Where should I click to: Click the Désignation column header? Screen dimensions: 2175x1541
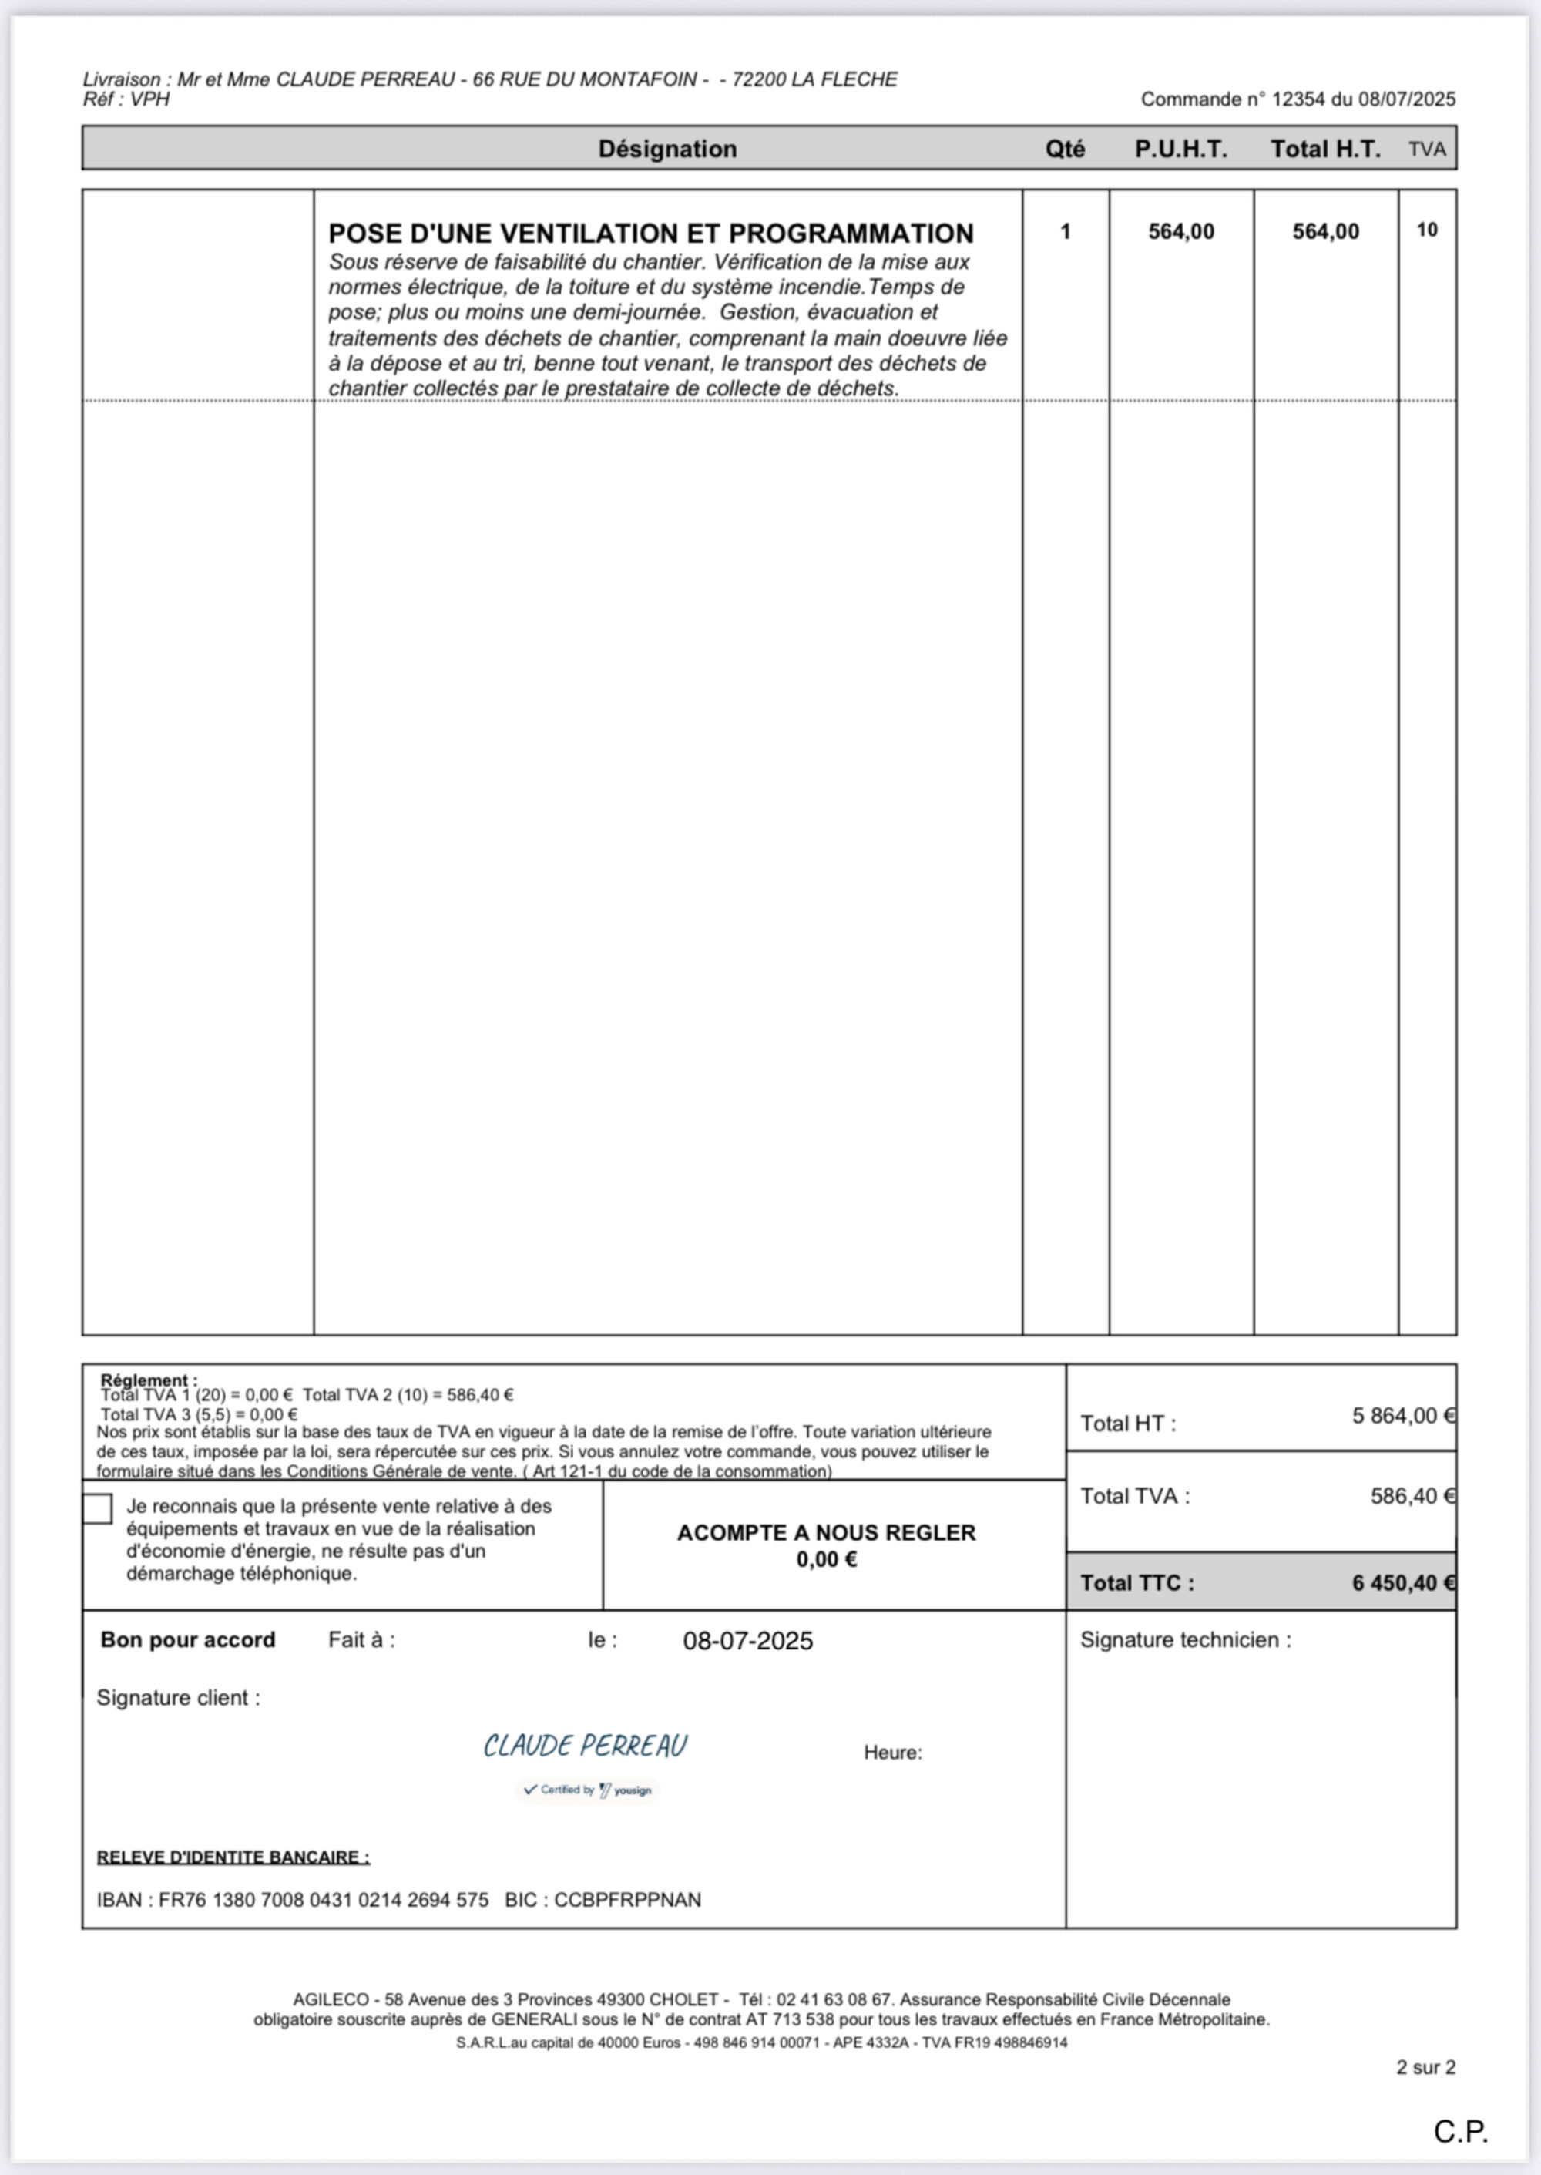[x=667, y=149]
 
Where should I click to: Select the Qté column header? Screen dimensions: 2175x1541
[x=1065, y=149]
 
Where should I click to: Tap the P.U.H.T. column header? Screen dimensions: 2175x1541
[x=1180, y=149]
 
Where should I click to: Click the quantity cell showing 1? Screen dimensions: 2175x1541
[x=1066, y=231]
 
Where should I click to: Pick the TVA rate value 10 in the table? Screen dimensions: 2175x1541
[x=1426, y=230]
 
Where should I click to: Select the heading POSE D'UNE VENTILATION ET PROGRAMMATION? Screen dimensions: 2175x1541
[x=651, y=234]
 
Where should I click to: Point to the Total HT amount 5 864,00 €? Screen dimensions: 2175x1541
[x=1402, y=1416]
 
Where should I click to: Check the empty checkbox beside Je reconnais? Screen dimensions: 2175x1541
[x=98, y=1509]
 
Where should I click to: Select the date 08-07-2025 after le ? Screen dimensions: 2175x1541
[x=747, y=1641]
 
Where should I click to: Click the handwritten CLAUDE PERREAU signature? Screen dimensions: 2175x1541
[x=586, y=1746]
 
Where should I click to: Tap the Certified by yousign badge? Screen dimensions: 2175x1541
[x=587, y=1790]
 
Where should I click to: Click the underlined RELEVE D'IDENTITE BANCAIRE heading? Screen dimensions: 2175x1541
[x=233, y=1857]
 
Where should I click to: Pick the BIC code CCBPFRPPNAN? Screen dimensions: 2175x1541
[x=627, y=1900]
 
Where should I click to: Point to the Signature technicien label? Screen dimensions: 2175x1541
[x=1185, y=1640]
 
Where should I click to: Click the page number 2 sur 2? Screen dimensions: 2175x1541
[x=1425, y=2067]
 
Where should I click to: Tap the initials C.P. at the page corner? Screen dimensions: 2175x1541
[x=1460, y=2131]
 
